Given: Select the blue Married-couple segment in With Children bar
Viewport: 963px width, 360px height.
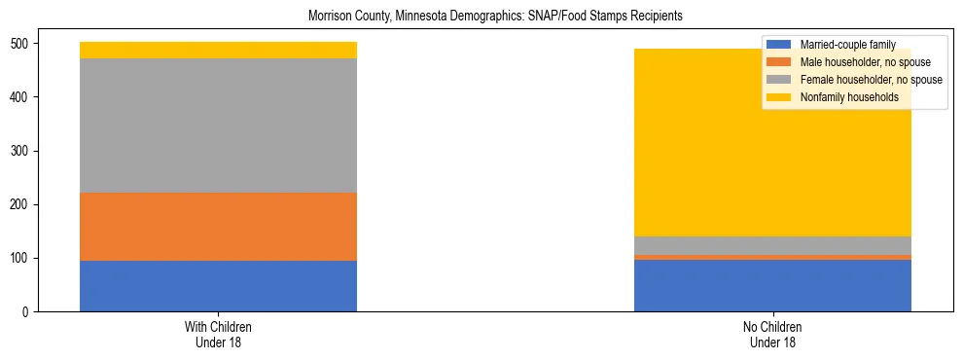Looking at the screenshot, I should [x=218, y=286].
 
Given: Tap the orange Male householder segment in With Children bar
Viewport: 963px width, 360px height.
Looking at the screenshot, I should [x=218, y=227].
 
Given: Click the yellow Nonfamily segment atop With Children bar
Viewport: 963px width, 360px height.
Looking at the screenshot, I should [x=218, y=51].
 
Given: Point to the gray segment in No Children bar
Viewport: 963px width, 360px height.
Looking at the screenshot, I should [x=772, y=245].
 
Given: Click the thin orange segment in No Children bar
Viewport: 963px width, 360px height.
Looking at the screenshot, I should [x=772, y=257].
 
